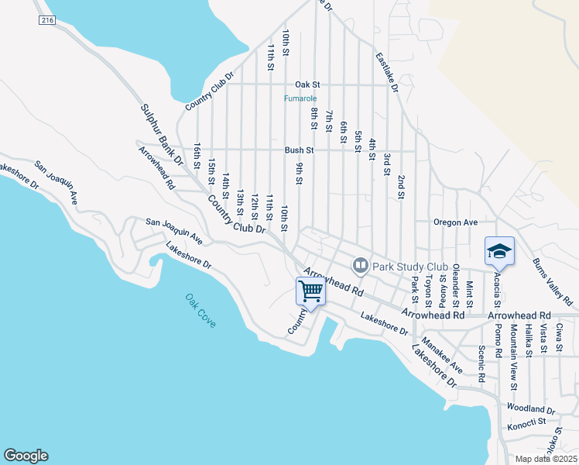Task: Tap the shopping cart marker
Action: coord(310,292)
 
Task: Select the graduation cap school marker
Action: coord(499,251)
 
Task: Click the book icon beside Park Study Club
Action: coord(360,266)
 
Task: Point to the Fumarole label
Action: coord(298,98)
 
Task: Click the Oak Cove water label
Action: coord(200,310)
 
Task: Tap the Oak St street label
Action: coord(307,84)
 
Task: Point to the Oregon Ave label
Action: coord(455,222)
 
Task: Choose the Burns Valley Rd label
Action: coord(553,281)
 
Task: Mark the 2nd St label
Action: coord(402,187)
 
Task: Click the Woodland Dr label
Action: coord(531,408)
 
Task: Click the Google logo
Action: coord(26,456)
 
